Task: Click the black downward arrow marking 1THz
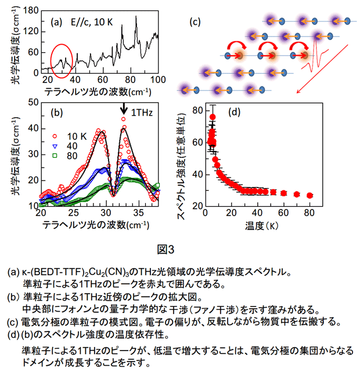coord(124,109)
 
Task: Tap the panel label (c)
coord(195,23)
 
